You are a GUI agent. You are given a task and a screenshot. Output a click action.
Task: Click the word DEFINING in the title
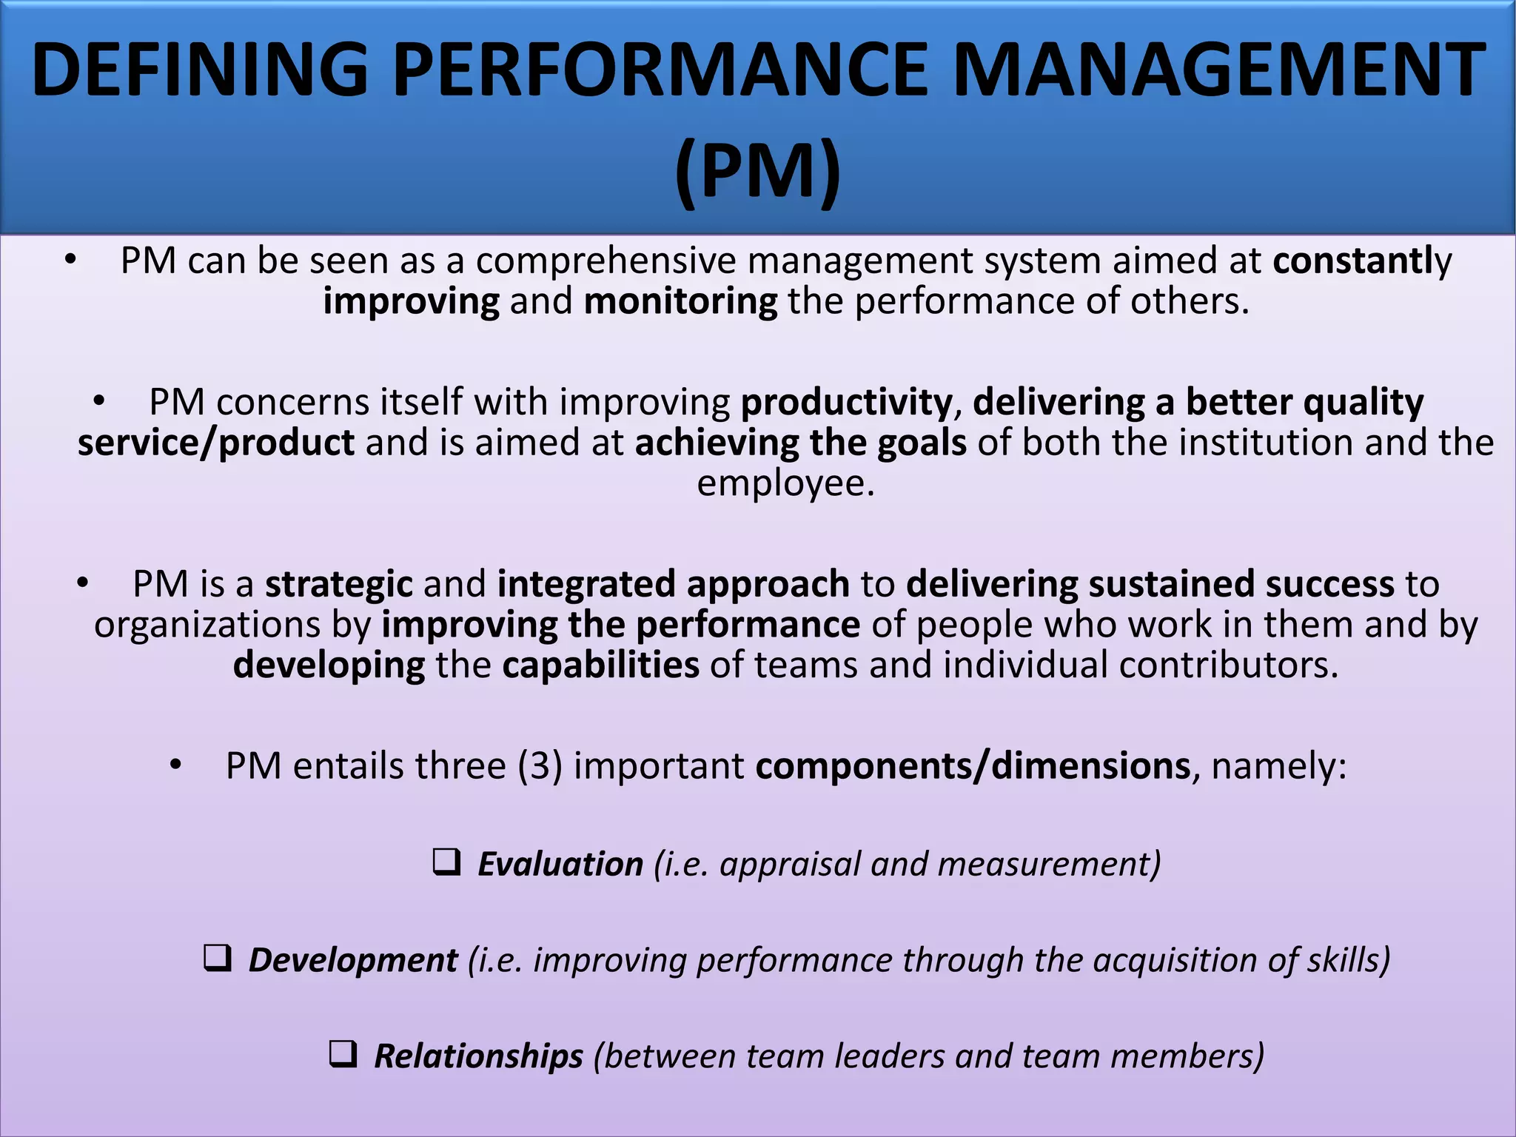click(200, 70)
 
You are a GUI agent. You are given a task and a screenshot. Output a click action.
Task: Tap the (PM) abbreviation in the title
click(758, 170)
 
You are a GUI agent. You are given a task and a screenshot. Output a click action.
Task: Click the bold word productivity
click(846, 402)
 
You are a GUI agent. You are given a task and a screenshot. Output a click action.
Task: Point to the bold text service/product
click(216, 443)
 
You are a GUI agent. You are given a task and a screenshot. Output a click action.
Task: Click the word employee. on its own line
click(786, 484)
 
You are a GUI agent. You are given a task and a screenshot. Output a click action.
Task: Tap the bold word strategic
click(338, 584)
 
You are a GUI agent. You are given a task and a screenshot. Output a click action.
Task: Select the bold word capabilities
click(600, 665)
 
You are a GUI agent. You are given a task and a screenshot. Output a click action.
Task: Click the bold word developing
click(329, 665)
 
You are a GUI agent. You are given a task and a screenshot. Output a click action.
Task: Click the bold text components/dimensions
click(973, 765)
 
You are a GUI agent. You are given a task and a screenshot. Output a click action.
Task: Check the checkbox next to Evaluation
click(446, 862)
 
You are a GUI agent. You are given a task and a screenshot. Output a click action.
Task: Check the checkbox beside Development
click(218, 959)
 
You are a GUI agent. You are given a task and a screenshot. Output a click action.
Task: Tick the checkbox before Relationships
click(343, 1054)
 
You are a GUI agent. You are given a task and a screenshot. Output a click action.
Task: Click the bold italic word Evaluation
click(560, 865)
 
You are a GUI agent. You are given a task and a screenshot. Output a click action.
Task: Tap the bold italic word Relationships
click(478, 1056)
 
